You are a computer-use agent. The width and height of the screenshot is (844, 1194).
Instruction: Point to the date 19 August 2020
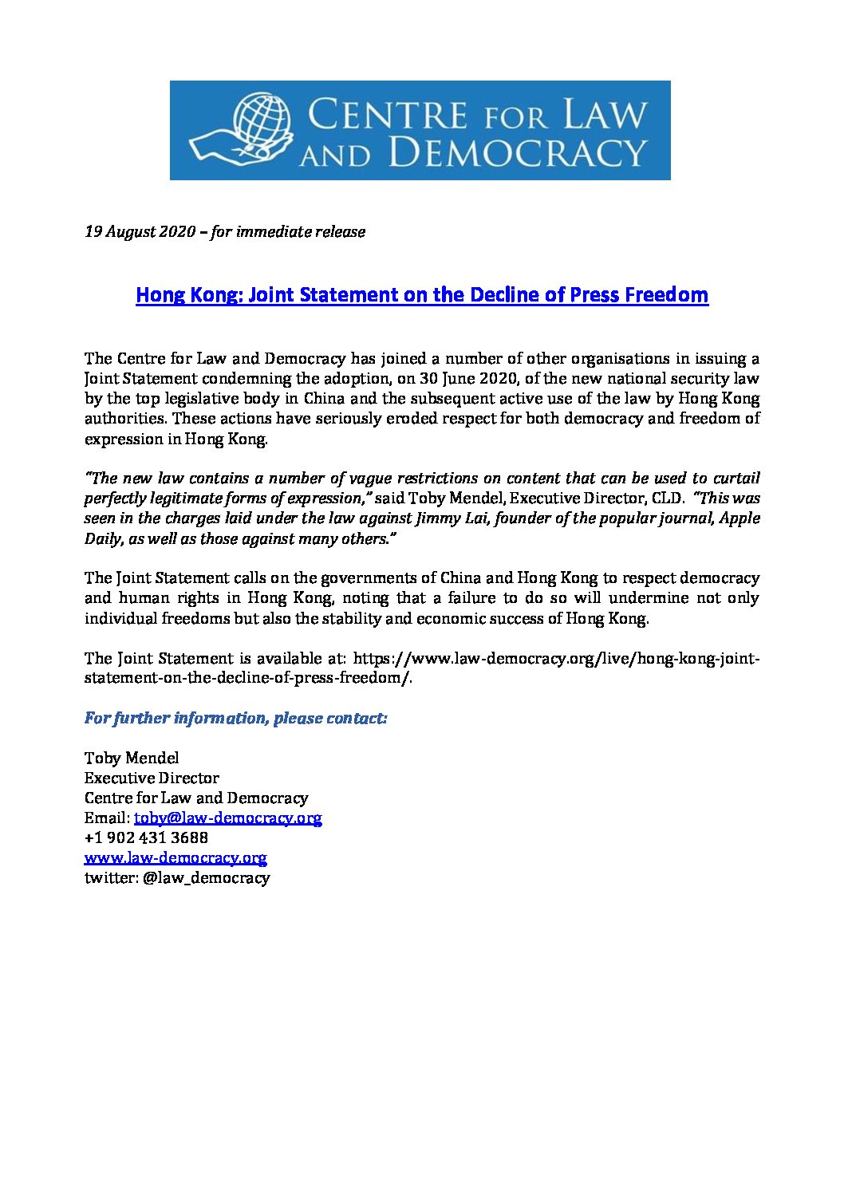[140, 232]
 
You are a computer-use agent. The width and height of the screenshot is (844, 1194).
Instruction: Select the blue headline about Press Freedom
[422, 295]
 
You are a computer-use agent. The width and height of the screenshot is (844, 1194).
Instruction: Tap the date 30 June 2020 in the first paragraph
[472, 378]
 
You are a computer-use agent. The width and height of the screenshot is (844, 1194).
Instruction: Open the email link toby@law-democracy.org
[227, 818]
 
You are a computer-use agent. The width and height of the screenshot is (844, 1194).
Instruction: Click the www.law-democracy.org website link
[176, 858]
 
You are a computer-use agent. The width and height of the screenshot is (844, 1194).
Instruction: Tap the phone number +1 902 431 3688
[146, 838]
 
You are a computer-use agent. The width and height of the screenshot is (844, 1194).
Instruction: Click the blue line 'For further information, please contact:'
[236, 719]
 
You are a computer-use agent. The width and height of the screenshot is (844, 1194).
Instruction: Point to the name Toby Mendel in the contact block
[132, 758]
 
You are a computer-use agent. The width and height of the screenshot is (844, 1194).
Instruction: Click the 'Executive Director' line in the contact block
[152, 778]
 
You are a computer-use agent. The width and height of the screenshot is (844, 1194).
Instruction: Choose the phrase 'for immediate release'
[289, 232]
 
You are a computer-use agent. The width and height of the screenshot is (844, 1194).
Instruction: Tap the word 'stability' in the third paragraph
[373, 619]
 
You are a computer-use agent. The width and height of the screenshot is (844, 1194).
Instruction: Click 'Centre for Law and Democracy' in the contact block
[196, 798]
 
